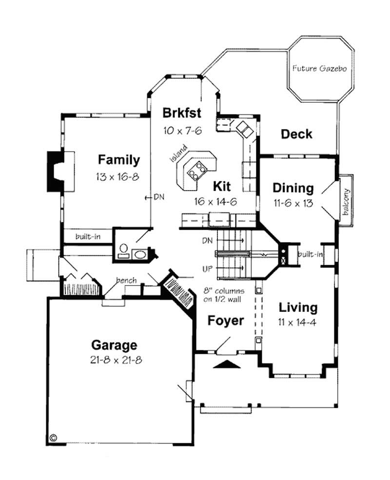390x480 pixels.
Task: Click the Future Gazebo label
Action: pyautogui.click(x=319, y=69)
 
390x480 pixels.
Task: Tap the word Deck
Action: pyautogui.click(x=296, y=134)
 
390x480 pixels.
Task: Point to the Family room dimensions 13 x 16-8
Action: pyautogui.click(x=118, y=176)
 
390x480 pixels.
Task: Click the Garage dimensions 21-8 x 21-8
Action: pyautogui.click(x=114, y=361)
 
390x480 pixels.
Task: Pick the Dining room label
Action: pyautogui.click(x=292, y=188)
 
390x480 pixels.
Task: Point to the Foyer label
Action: pyautogui.click(x=225, y=321)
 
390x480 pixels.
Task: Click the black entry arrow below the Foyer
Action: pyautogui.click(x=228, y=364)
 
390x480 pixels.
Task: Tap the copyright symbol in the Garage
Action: pyautogui.click(x=53, y=438)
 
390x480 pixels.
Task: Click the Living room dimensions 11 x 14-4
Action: pyautogui.click(x=298, y=322)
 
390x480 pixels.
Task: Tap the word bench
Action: pyautogui.click(x=126, y=280)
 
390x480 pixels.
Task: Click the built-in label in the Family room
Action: pyautogui.click(x=88, y=237)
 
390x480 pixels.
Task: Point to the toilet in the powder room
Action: pyautogui.click(x=124, y=249)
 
